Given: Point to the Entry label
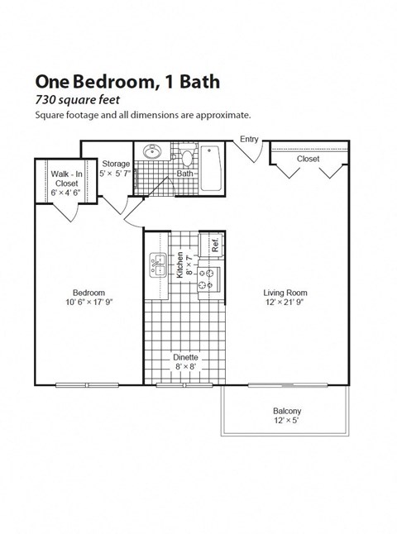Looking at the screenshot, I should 249,139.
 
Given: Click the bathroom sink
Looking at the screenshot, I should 152,153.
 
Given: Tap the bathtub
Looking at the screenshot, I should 212,168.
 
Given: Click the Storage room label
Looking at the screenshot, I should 116,164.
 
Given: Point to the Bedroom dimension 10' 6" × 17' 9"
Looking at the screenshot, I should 88,303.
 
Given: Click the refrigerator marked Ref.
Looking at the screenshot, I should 213,245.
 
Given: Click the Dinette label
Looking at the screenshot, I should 185,358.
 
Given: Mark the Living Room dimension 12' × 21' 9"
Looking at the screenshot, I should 285,303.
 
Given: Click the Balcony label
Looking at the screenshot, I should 287,411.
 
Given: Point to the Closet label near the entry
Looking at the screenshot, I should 308,158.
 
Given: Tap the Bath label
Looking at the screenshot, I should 184,174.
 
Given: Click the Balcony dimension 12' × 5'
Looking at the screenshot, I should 287,422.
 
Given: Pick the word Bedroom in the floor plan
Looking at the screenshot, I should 88,293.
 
